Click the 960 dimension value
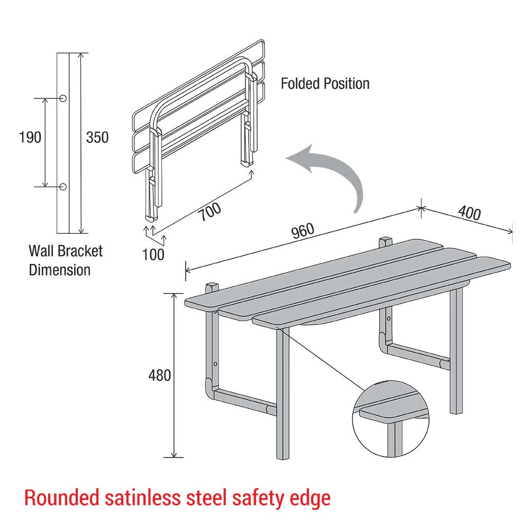[302, 232]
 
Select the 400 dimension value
[469, 213]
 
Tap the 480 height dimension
[160, 375]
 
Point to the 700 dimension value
[209, 211]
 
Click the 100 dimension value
[153, 254]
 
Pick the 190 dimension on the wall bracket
[30, 138]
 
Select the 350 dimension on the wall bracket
[97, 138]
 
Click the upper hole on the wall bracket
[63, 98]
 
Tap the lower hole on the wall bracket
[63, 186]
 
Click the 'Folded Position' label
[325, 84]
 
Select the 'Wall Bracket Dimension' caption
[66, 260]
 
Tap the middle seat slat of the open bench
[339, 280]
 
